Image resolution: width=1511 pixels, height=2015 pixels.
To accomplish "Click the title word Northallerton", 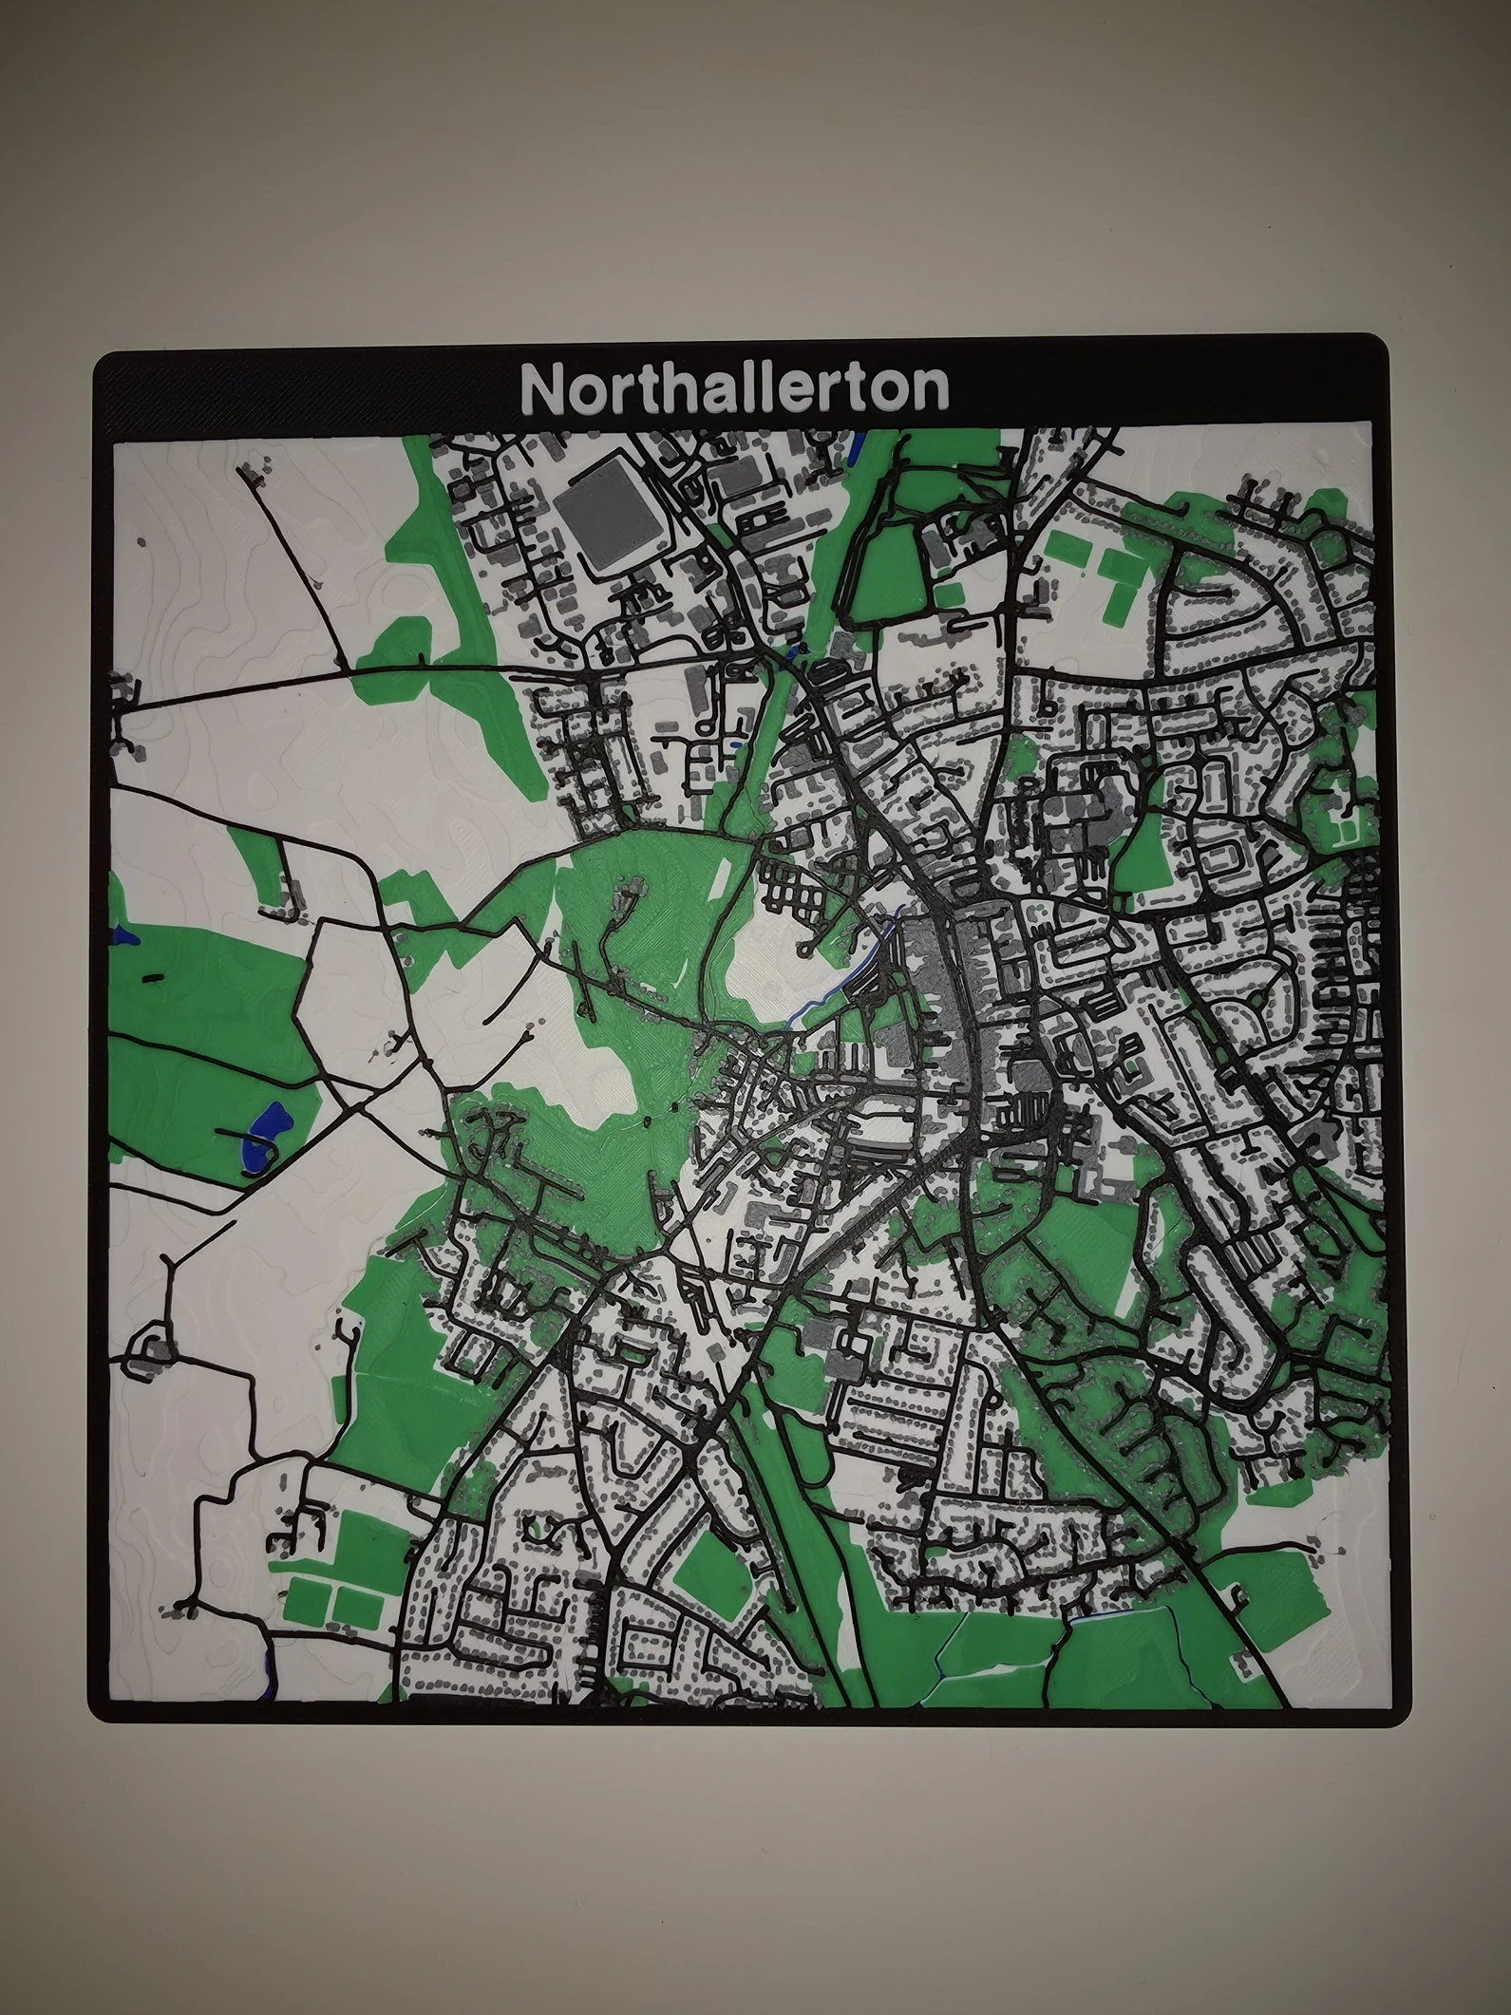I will pyautogui.click(x=734, y=387).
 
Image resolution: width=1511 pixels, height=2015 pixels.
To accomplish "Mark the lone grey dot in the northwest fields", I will pyautogui.click(x=142, y=541).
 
